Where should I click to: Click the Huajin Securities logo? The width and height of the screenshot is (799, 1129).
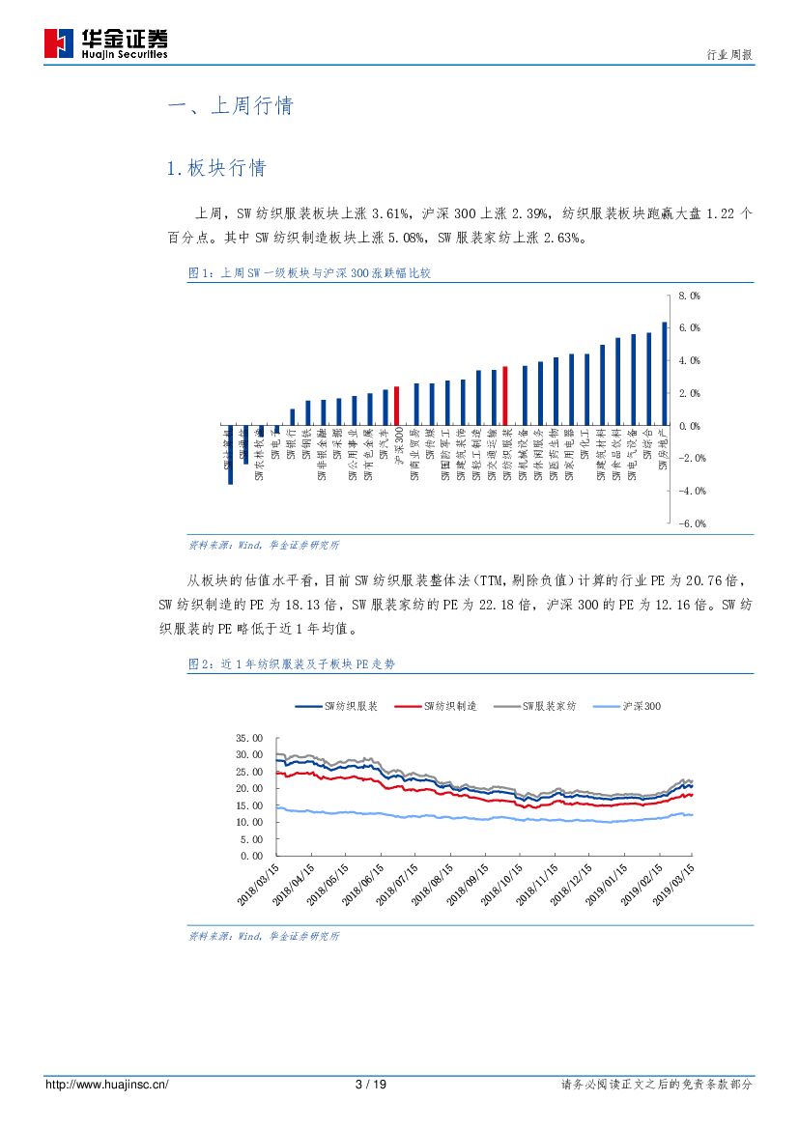105,43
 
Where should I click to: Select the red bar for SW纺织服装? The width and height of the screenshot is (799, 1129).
504,396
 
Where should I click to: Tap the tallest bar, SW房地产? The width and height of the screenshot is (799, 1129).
664,374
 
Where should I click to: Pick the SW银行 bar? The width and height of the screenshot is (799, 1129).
293,417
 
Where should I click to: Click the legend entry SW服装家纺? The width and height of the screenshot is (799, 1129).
537,707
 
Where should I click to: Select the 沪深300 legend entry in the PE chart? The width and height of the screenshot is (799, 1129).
629,707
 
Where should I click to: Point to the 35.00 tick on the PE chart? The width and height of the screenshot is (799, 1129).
248,738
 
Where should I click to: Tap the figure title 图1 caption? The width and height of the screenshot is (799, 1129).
308,273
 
